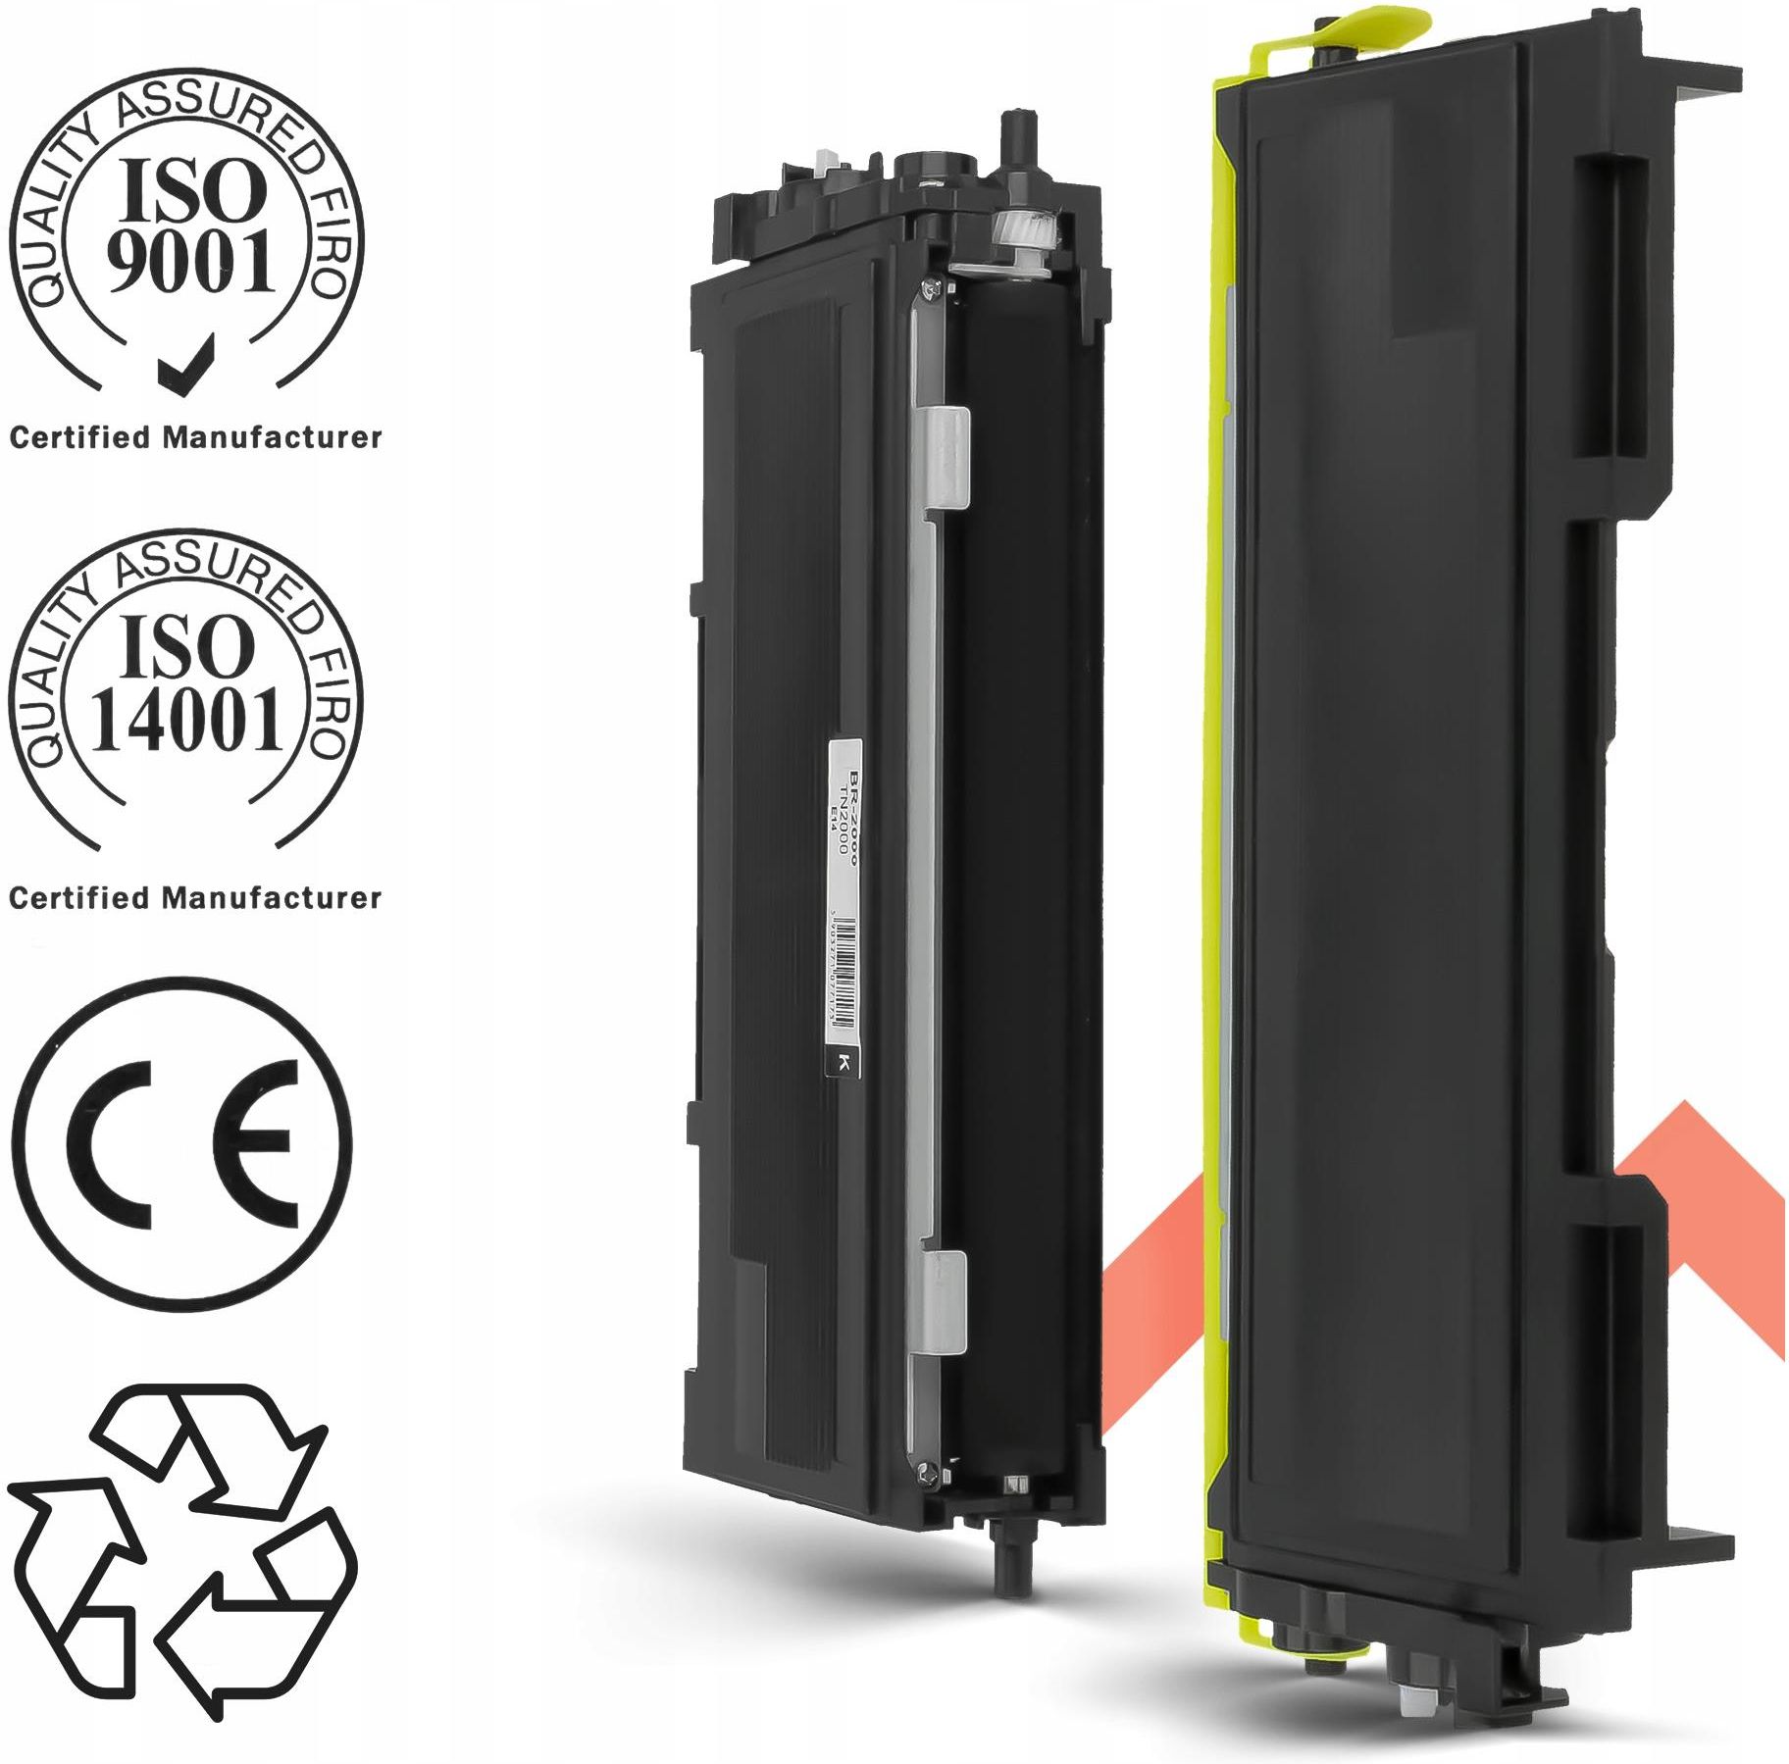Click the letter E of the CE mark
coord(260,1145)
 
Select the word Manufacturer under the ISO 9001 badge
coord(272,437)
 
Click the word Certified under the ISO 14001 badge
coord(80,897)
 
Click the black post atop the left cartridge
coord(1011,138)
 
